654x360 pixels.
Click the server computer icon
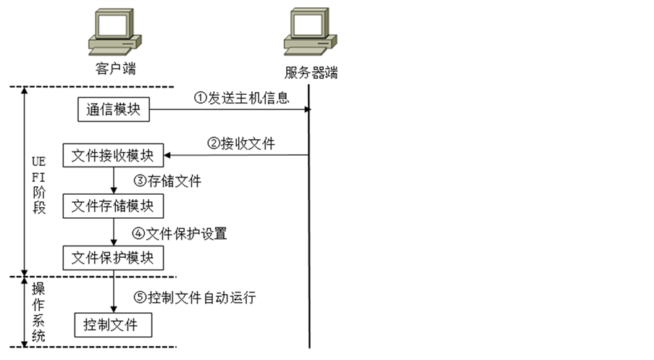click(310, 33)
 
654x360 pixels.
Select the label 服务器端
click(311, 73)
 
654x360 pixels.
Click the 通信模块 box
click(114, 110)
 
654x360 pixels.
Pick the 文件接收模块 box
click(114, 156)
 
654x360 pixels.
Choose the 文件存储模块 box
click(114, 206)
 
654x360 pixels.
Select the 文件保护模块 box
click(114, 256)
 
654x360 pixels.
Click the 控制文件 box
click(114, 323)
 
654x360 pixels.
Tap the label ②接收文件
click(241, 143)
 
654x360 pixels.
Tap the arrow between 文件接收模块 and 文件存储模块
click(114, 180)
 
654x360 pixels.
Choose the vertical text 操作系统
click(39, 311)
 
